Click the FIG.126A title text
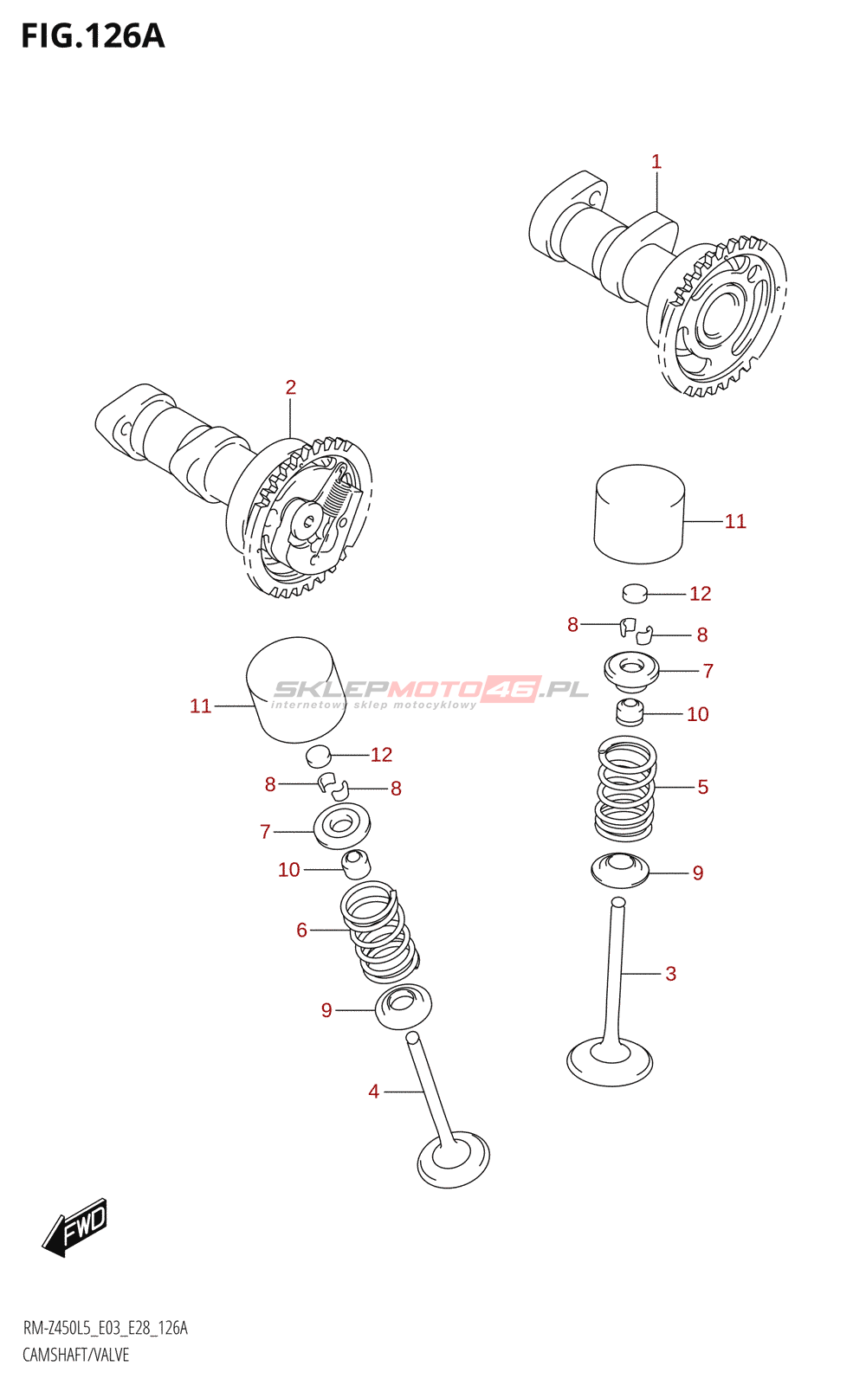(x=93, y=36)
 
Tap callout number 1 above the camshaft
(x=656, y=162)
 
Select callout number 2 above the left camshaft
(x=291, y=388)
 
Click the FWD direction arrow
(x=75, y=1227)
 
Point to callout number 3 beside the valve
(x=670, y=974)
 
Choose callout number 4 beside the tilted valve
(x=373, y=1092)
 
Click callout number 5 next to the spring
(x=702, y=787)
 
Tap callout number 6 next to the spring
(x=301, y=930)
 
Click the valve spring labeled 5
(x=624, y=788)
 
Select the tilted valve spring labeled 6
(x=379, y=932)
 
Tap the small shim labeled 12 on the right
(x=635, y=593)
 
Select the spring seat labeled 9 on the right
(x=620, y=869)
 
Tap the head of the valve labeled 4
(x=453, y=1159)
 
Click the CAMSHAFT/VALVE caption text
(x=75, y=1355)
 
